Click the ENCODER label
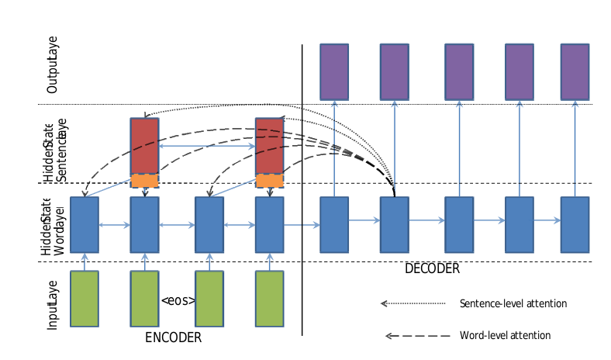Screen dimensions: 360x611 point(173,338)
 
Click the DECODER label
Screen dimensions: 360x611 point(432,269)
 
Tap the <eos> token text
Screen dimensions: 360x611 point(178,301)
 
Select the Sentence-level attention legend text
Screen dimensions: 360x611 point(513,303)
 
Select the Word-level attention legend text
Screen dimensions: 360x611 point(505,335)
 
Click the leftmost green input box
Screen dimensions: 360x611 point(85,299)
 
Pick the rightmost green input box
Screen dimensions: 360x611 point(270,299)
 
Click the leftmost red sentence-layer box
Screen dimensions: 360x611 point(144,146)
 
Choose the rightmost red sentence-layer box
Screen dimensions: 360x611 point(270,146)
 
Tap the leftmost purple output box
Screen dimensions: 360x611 point(334,71)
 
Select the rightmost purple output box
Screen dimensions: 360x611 point(575,71)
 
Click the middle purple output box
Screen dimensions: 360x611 point(458,71)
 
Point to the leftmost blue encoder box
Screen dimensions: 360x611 point(85,224)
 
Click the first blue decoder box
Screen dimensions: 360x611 point(334,224)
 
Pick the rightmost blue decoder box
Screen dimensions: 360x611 point(575,224)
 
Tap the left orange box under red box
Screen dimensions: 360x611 point(144,181)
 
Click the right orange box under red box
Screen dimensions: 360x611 point(270,181)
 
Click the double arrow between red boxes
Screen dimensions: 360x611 point(207,146)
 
